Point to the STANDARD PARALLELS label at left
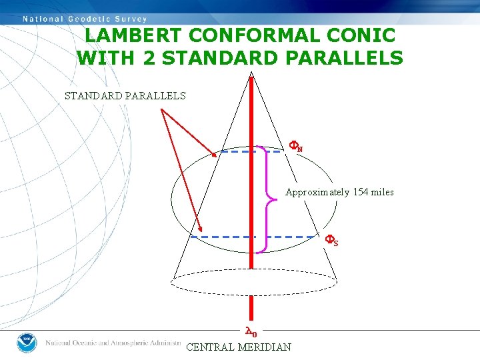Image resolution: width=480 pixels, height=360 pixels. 125,95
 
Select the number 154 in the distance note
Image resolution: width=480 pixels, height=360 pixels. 361,192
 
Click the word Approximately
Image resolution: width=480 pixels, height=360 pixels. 317,192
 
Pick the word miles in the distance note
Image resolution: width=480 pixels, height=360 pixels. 383,192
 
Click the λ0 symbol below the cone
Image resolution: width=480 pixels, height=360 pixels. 251,331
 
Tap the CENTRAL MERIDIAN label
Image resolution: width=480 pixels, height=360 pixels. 239,347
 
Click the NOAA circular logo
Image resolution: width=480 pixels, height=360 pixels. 27,342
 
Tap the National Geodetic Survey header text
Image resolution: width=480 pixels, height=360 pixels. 85,19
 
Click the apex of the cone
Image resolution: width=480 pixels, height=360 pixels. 251,72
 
